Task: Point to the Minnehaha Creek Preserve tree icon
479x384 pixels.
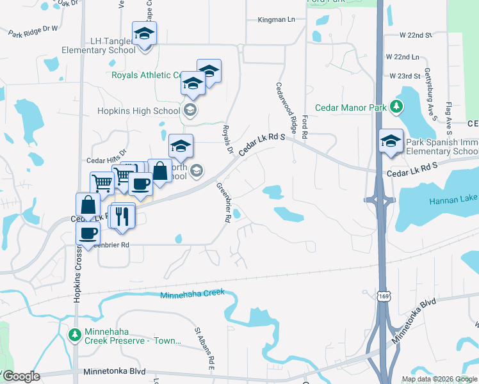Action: pos(75,334)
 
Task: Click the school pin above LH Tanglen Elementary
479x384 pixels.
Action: pos(144,34)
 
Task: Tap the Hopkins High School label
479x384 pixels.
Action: pos(138,111)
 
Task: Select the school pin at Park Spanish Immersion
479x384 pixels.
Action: pos(390,141)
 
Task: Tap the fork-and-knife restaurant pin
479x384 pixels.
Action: pos(122,216)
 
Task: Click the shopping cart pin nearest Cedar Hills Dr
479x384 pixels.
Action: pos(102,183)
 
